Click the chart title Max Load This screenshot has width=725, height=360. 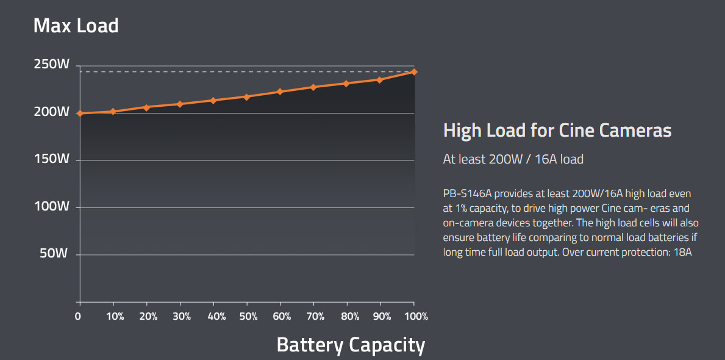click(x=76, y=26)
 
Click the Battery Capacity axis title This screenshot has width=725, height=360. click(x=351, y=345)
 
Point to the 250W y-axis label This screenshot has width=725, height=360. click(x=52, y=65)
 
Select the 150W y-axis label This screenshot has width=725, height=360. click(x=52, y=159)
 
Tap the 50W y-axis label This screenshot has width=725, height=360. click(x=54, y=254)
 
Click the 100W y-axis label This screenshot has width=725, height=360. click(x=52, y=207)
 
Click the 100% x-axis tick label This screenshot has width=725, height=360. click(x=415, y=317)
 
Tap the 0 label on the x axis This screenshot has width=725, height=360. click(x=78, y=317)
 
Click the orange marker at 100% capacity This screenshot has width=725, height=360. click(x=414, y=72)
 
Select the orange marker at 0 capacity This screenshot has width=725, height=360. click(x=80, y=113)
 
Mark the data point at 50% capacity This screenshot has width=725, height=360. click(x=247, y=97)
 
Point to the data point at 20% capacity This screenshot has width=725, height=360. click(x=146, y=107)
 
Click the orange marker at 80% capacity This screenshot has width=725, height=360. click(x=346, y=84)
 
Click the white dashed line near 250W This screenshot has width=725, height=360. click(x=244, y=72)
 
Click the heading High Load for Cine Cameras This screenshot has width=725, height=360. click(x=557, y=131)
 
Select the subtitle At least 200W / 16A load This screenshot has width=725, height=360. click(x=513, y=160)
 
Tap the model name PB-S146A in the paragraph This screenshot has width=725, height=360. click(x=467, y=193)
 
